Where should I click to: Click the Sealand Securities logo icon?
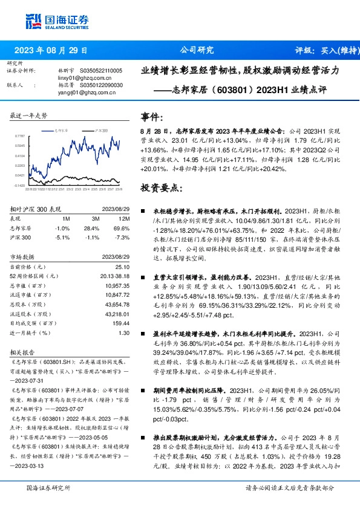[33, 22]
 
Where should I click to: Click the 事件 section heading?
[151, 117]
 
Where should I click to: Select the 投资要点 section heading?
[160, 188]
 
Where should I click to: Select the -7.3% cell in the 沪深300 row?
[122, 238]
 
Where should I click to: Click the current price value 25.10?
[123, 267]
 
